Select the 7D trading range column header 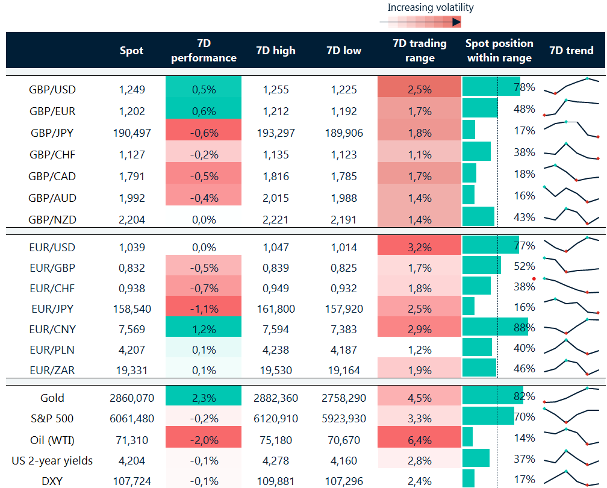(419, 51)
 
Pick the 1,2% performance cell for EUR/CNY (204, 328)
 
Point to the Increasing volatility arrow (420, 22)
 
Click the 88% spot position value (524, 328)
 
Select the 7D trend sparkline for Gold (571, 395)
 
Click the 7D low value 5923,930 (343, 419)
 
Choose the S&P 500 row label (52, 419)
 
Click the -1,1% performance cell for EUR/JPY (204, 308)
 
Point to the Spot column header (131, 51)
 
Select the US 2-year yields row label (52, 461)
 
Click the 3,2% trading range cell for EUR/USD (419, 247)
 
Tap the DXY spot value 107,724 (132, 481)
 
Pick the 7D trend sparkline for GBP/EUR (571, 107)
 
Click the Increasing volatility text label (430, 8)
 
